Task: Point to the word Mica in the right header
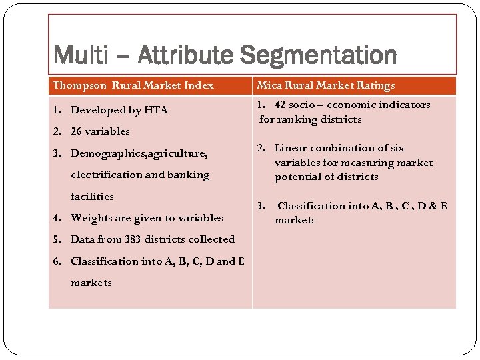point(269,85)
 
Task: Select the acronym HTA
point(157,110)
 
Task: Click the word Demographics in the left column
point(108,153)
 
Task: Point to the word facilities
point(92,197)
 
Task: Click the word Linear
point(291,148)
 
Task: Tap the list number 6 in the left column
point(57,261)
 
